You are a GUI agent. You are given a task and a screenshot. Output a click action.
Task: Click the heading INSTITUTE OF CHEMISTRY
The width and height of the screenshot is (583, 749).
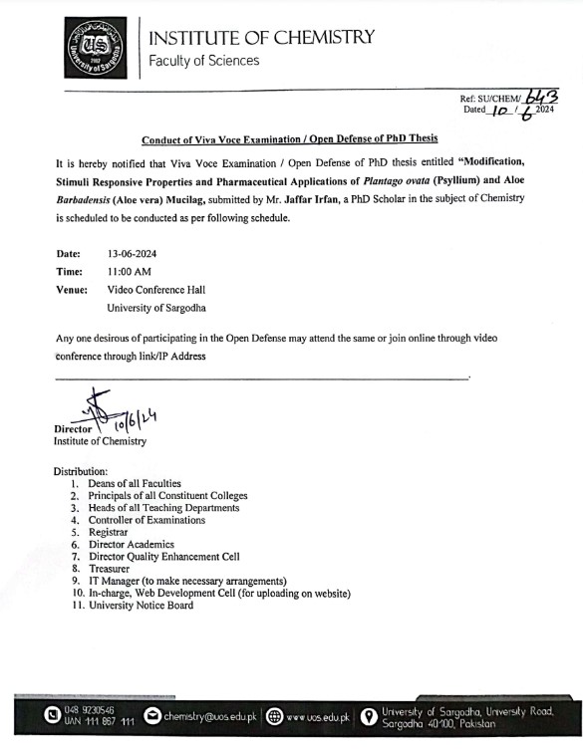tap(262, 38)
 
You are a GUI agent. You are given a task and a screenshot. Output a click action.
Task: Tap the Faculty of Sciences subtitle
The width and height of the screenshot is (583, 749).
tap(203, 62)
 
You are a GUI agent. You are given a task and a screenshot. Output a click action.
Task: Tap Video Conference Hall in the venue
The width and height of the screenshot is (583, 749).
tap(163, 290)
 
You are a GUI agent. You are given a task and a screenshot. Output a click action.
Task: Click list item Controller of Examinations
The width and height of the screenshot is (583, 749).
tap(146, 520)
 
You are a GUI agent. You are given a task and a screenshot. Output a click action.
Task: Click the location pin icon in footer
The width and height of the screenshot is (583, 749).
tap(367, 716)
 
